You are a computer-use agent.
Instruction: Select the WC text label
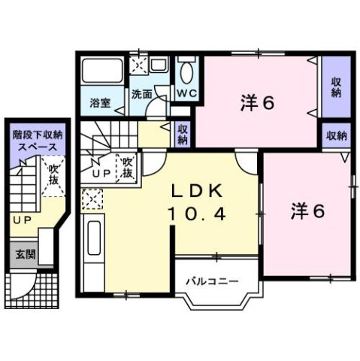point(187,94)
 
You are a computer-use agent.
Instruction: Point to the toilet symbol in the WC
point(187,74)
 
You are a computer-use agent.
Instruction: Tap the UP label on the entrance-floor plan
point(20,220)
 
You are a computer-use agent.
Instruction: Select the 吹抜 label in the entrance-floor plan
point(52,174)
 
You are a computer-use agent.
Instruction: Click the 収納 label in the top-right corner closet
point(335,86)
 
